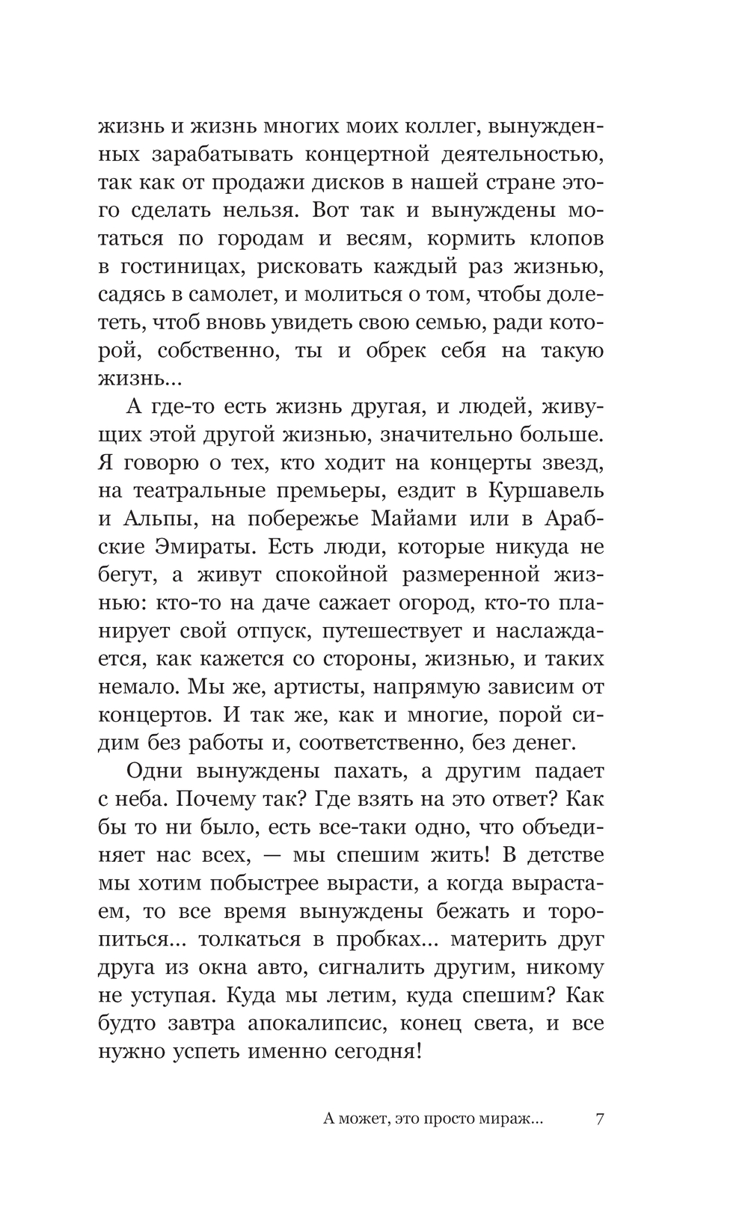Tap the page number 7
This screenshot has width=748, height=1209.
(x=598, y=1121)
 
